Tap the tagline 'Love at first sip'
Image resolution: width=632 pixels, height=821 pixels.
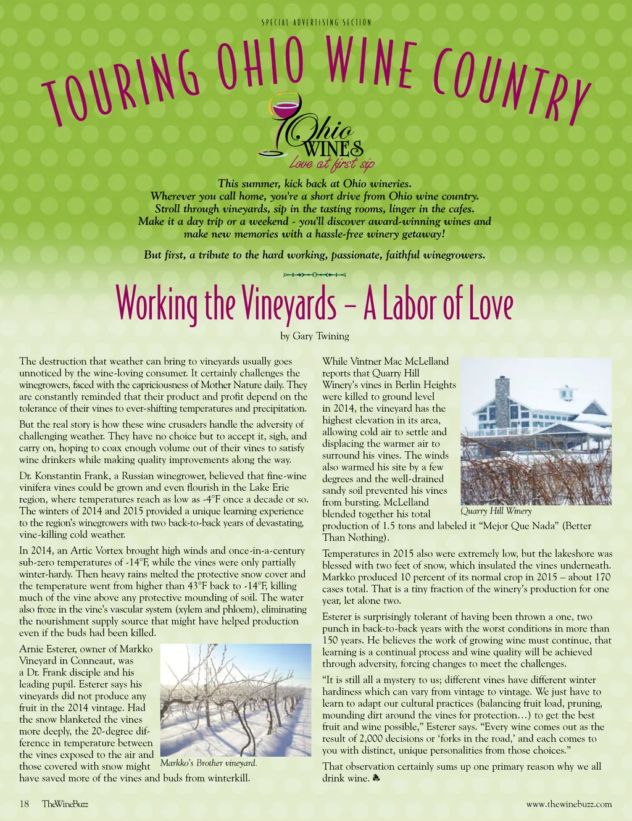(x=331, y=164)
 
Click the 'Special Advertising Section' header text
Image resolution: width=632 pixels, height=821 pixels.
(x=316, y=23)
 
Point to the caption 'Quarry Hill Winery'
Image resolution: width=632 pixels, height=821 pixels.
(x=496, y=511)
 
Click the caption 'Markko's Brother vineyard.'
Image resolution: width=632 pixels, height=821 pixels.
(x=209, y=763)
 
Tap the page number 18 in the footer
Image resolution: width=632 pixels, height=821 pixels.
(x=25, y=804)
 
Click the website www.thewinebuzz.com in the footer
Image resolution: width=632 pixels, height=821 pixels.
(x=569, y=804)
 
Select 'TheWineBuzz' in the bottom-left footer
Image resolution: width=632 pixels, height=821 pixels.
(x=65, y=804)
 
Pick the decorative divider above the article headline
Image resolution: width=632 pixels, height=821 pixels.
(x=314, y=273)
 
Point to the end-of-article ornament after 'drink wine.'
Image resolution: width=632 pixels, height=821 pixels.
(x=376, y=779)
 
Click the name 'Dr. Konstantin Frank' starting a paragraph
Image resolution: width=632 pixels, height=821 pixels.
(x=67, y=476)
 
